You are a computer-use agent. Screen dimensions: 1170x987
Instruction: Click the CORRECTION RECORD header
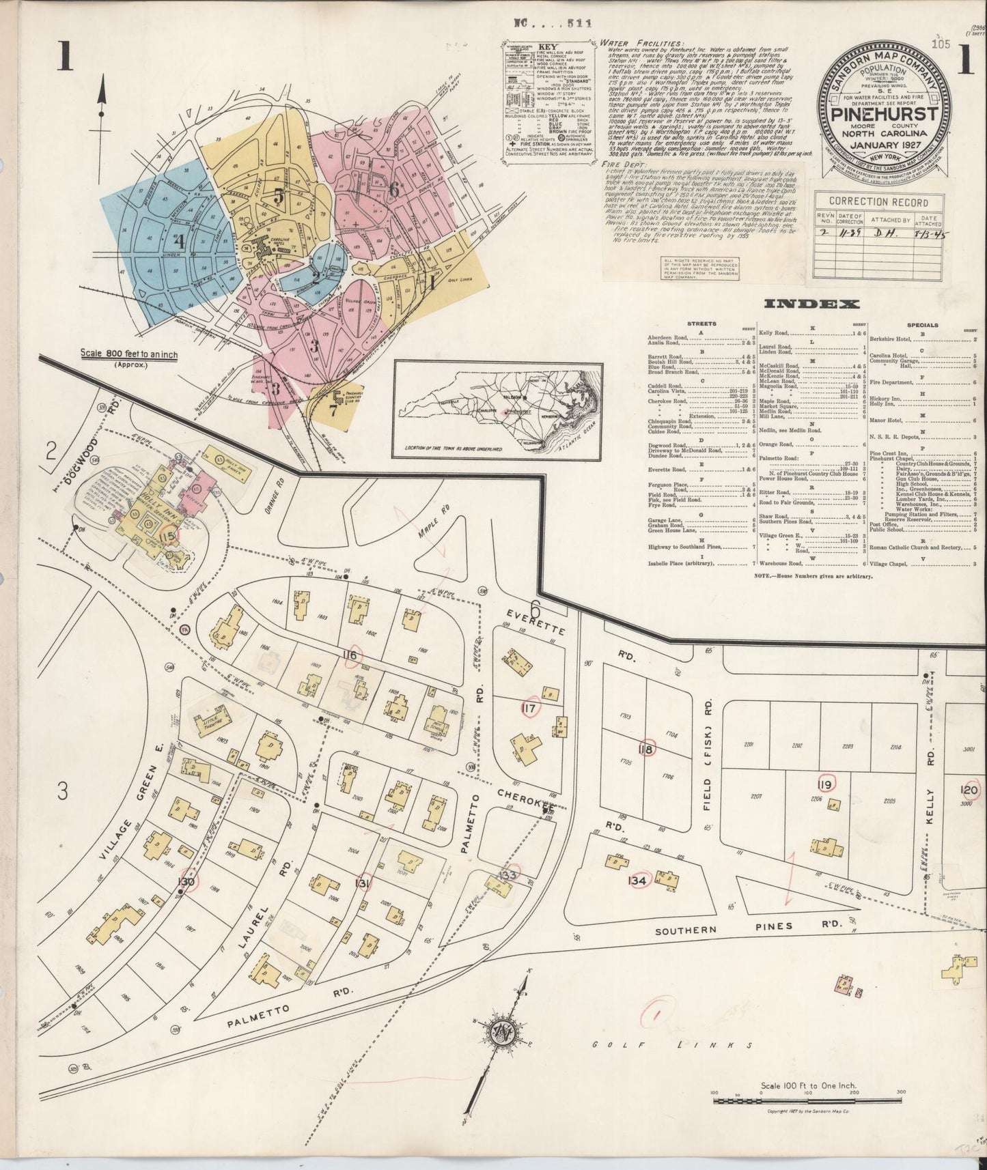(878, 202)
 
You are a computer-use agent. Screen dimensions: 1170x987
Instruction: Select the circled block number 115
(167, 537)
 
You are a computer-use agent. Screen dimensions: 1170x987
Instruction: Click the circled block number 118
(645, 749)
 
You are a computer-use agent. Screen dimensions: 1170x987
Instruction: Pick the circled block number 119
(825, 786)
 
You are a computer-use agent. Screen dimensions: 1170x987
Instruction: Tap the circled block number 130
(186, 882)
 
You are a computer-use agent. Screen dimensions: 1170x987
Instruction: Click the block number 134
(637, 881)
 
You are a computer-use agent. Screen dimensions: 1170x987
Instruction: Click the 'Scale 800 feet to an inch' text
(128, 356)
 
